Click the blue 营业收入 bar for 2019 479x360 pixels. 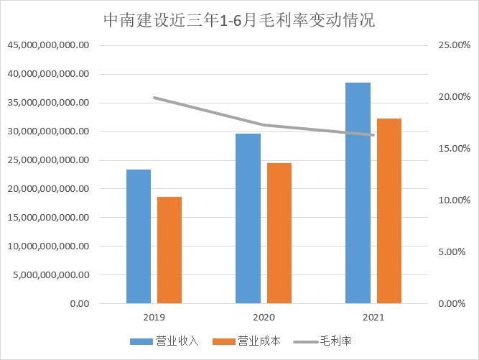139,236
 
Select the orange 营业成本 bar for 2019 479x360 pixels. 169,250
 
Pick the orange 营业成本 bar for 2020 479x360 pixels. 279,233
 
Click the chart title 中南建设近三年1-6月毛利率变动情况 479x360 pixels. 238,19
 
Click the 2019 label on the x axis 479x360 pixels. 154,317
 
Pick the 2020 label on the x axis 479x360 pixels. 264,317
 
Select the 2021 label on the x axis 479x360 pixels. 373,317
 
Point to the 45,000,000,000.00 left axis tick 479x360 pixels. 49,45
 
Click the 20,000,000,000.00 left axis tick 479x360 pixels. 49,189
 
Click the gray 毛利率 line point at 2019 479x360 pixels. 154,98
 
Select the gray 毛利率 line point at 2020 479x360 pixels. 264,125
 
